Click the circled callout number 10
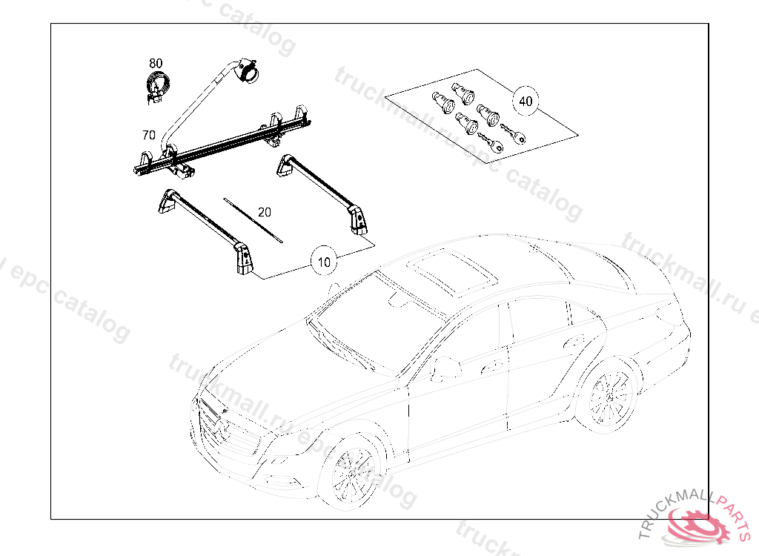pos(324,261)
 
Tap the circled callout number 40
pos(525,101)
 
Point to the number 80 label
pos(156,64)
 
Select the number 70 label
pos(148,136)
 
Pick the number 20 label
pos(265,212)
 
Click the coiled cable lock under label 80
pos(156,85)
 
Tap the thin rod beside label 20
pos(252,219)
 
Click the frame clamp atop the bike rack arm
pos(245,69)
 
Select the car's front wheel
pos(354,472)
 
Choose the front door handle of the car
pos(489,366)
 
